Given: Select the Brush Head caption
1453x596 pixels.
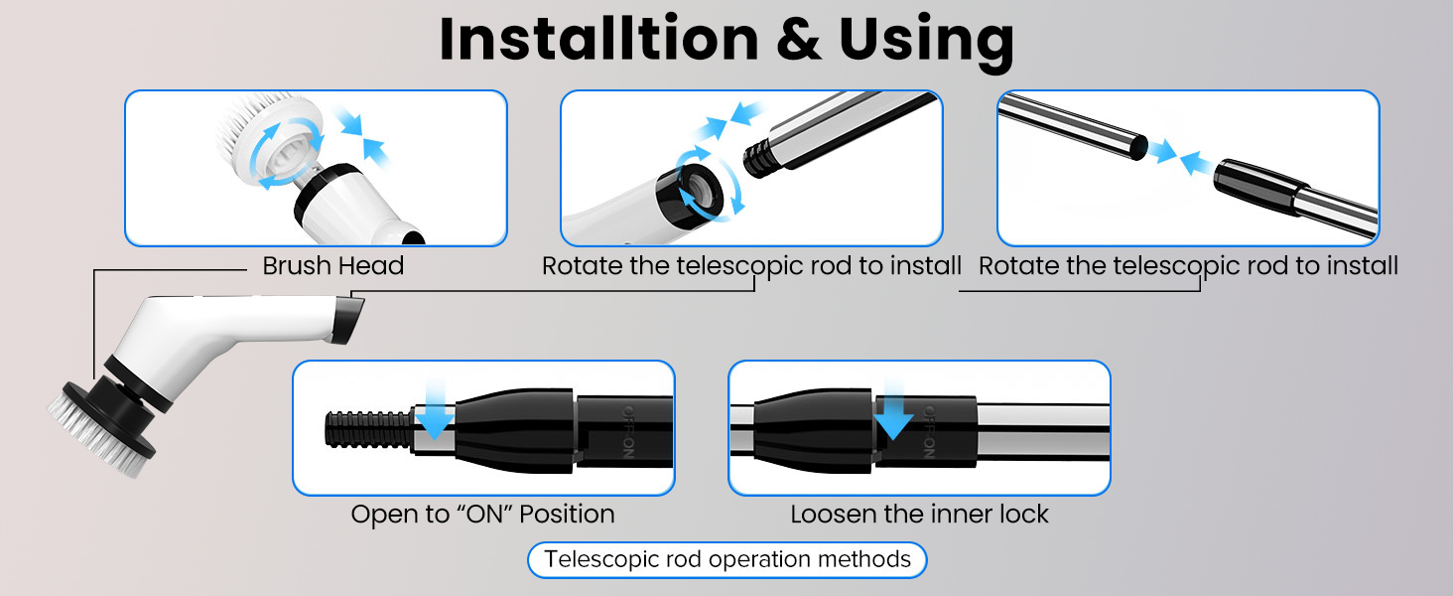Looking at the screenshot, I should (332, 266).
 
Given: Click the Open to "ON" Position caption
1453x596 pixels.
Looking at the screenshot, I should (482, 515).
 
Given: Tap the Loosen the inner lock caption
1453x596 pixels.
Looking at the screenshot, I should (919, 515).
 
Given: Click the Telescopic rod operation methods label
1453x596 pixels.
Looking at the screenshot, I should (726, 559).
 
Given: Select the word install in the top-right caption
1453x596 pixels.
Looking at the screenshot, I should (1360, 266).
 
